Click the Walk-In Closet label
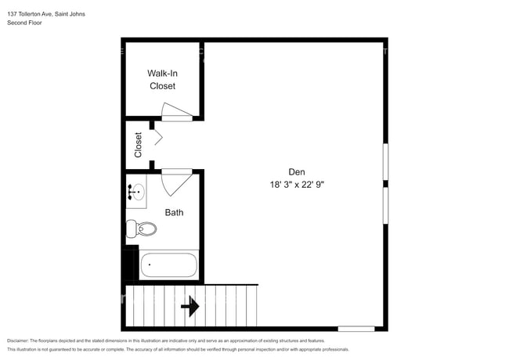(x=162, y=79)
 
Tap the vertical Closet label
(x=139, y=145)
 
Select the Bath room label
(x=174, y=212)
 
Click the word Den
(x=296, y=172)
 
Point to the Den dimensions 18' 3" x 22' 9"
(x=296, y=185)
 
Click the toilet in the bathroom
(x=141, y=229)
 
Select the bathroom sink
(x=136, y=191)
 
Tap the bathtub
(x=168, y=265)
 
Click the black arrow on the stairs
(x=190, y=306)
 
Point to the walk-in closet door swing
(x=176, y=113)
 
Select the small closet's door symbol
(x=157, y=138)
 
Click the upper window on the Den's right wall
(x=384, y=162)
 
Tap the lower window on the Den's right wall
(x=384, y=205)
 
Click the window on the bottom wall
(x=356, y=328)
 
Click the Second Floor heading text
(x=25, y=23)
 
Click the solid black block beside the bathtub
(x=130, y=264)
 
